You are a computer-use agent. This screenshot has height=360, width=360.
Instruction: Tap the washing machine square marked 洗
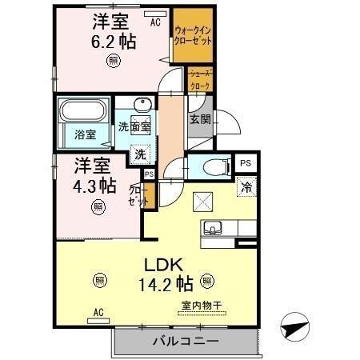[140, 154]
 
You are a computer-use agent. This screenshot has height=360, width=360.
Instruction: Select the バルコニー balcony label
[185, 342]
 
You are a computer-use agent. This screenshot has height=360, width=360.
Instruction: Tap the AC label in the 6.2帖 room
[155, 22]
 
